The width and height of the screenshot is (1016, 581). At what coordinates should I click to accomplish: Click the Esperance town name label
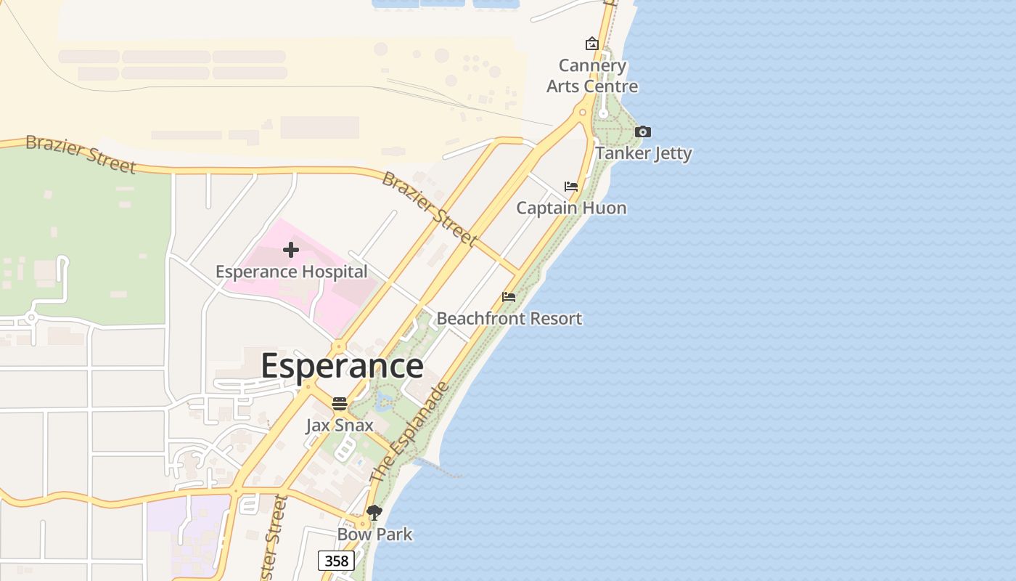(x=342, y=365)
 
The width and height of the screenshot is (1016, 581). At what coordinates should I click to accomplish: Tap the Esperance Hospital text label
(x=291, y=272)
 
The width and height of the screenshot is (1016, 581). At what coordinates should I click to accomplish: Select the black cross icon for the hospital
(x=291, y=251)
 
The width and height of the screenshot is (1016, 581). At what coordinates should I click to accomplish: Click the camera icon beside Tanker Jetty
(x=642, y=132)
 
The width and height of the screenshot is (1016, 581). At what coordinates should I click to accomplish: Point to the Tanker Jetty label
(x=644, y=153)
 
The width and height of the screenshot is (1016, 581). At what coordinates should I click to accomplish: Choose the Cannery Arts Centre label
(x=592, y=76)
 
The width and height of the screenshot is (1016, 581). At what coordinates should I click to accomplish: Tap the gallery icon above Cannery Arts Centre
(x=592, y=44)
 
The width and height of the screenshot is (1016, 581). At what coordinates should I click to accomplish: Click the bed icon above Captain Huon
(x=571, y=187)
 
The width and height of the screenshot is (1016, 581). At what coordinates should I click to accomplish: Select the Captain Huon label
(x=571, y=208)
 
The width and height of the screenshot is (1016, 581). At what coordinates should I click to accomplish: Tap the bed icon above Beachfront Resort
(x=509, y=297)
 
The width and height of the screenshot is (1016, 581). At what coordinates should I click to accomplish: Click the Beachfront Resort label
(x=509, y=318)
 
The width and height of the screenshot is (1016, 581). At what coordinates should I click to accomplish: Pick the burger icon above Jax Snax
(x=340, y=404)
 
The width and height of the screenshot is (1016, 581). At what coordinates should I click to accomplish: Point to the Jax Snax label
(x=340, y=425)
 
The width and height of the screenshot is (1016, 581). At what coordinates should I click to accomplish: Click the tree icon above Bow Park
(x=374, y=513)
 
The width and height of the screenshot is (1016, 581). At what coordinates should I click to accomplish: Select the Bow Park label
(x=374, y=535)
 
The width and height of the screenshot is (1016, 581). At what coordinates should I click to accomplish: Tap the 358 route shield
(x=337, y=561)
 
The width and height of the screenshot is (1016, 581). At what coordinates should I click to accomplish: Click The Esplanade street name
(x=411, y=433)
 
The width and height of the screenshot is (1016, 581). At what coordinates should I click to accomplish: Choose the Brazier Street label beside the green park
(x=81, y=154)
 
